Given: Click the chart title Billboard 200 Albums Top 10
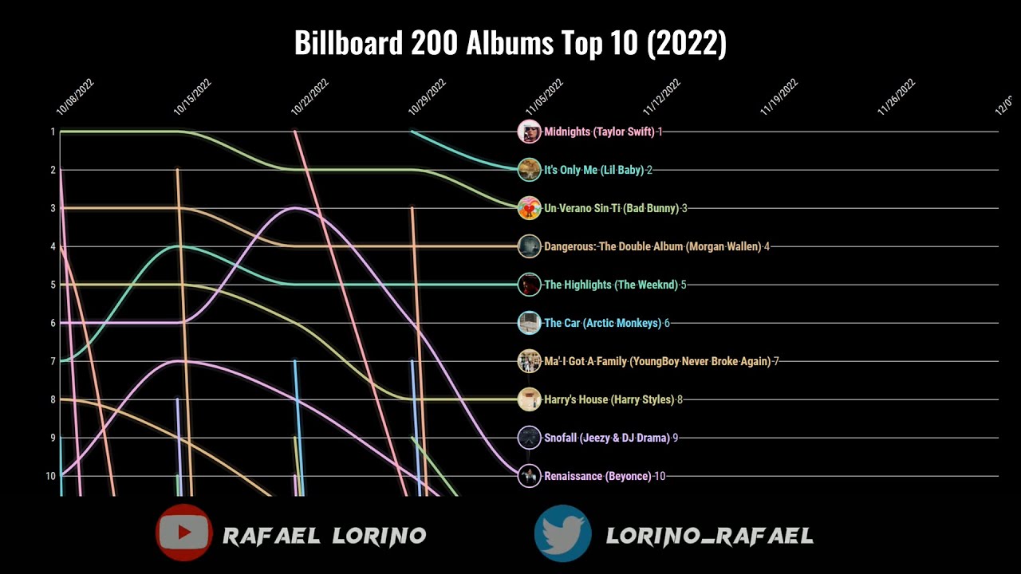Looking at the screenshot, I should (510, 43).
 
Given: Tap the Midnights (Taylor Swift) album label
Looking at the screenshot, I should (599, 132).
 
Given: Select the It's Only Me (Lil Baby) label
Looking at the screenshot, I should (593, 170).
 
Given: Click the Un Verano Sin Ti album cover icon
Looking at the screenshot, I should (529, 208).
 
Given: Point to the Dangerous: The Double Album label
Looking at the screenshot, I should (652, 246).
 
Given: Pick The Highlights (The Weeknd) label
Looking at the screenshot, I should (610, 285).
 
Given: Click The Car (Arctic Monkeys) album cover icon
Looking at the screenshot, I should (529, 323).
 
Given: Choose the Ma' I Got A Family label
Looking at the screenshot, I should (657, 361).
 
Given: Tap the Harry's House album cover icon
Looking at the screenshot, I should (529, 399).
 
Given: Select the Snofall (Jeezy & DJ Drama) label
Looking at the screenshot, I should (607, 438).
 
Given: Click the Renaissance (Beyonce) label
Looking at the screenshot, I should (597, 476).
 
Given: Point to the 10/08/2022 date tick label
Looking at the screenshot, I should (75, 97).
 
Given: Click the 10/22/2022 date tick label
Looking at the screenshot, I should (310, 97).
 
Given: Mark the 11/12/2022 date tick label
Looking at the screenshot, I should (662, 97).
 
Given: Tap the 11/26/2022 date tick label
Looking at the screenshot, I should (897, 97).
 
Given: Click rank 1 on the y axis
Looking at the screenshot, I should (53, 132).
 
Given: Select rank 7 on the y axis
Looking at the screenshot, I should (53, 361).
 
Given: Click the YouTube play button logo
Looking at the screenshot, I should (184, 533).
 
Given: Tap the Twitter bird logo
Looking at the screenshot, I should (563, 533).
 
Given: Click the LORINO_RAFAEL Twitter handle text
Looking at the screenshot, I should (709, 536).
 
